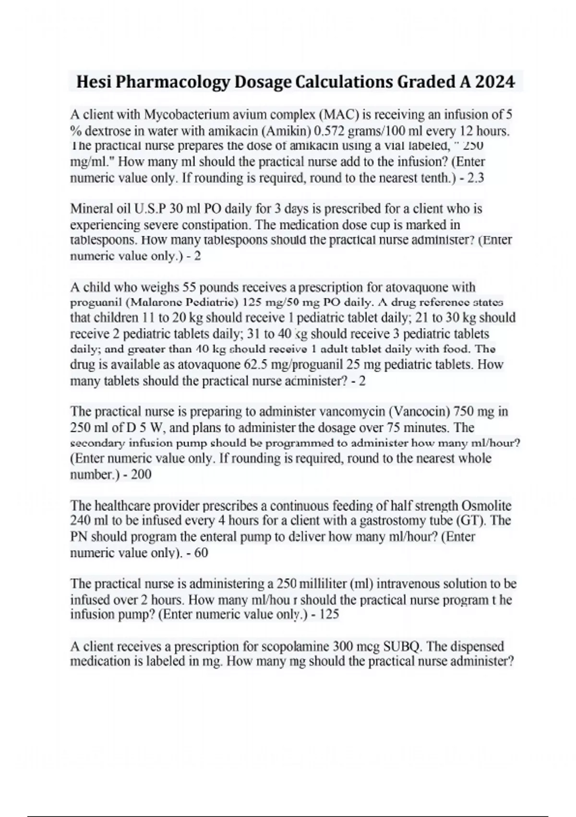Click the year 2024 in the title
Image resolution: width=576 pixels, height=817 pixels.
495,82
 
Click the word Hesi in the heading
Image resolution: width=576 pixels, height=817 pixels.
94,82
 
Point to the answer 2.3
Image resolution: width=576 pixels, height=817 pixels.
475,178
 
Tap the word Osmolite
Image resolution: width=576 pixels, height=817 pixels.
486,506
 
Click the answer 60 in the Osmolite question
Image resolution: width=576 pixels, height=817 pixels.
201,553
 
